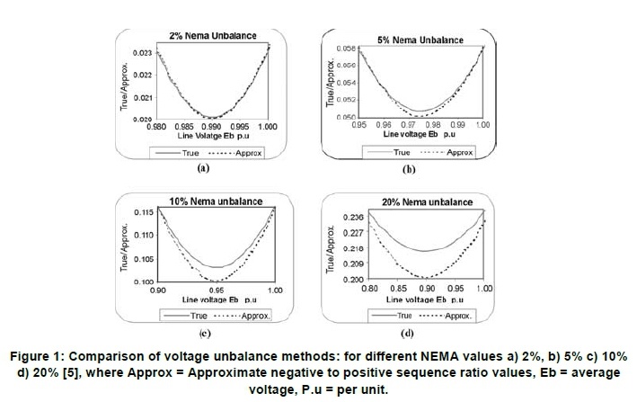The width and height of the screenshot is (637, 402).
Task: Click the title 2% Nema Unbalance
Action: coord(212,36)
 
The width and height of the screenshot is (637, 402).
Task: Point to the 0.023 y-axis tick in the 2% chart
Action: coord(142,54)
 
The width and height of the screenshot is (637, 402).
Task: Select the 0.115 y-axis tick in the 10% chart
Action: coord(143,211)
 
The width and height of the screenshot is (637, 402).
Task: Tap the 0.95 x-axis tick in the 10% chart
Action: coord(217,290)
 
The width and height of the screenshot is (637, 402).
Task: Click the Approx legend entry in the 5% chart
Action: coord(459,153)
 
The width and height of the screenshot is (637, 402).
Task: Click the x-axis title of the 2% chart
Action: coord(213,136)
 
